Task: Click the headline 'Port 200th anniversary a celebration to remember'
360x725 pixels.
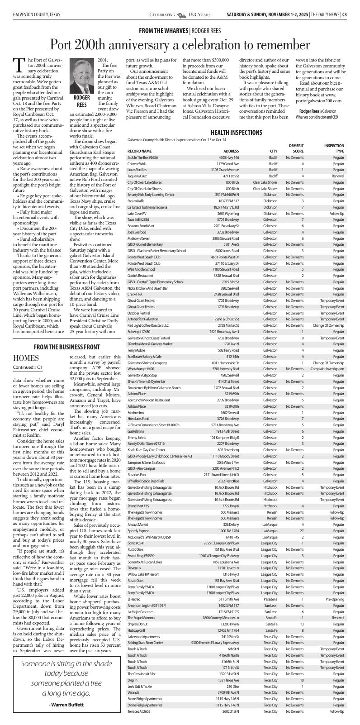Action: (x=180, y=44)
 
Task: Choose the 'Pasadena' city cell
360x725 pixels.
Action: (x=270, y=599)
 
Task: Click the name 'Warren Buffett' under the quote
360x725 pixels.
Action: (x=66, y=705)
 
